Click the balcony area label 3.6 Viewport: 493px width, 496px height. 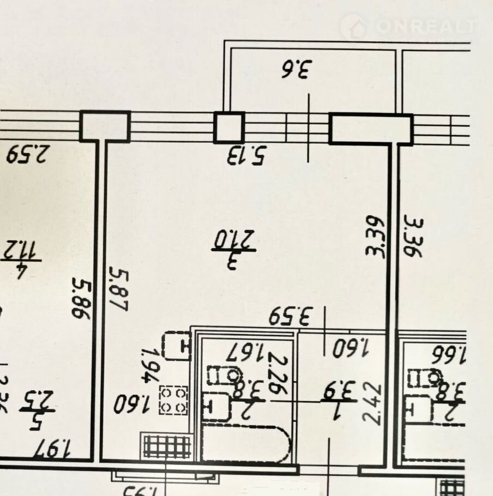click(x=295, y=70)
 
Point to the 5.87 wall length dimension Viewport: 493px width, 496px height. click(x=118, y=289)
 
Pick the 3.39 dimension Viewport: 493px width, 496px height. click(x=375, y=236)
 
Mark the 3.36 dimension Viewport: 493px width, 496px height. click(x=413, y=236)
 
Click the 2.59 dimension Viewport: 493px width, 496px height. click(x=28, y=153)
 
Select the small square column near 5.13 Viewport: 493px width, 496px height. click(x=229, y=128)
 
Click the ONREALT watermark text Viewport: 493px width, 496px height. click(x=424, y=26)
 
